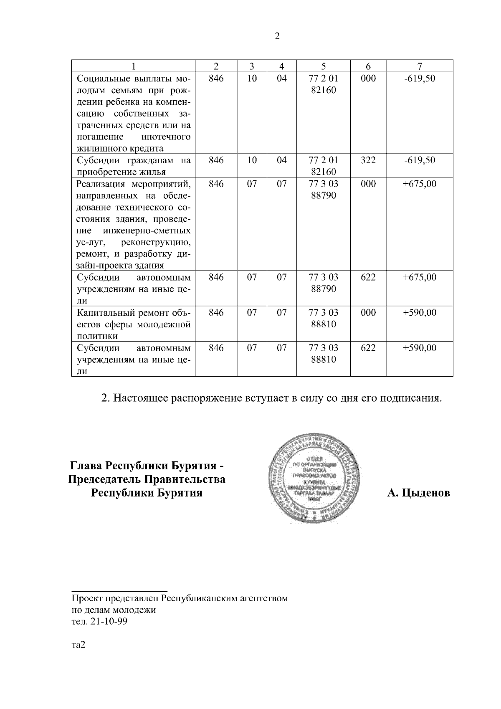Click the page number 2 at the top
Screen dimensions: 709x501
[x=277, y=36]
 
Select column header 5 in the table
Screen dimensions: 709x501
[x=324, y=66]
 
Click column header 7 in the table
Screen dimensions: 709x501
[x=420, y=66]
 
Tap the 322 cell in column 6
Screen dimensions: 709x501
[x=368, y=160]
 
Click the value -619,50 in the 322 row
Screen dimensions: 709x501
[x=420, y=160]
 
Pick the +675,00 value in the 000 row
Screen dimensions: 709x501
[x=420, y=184]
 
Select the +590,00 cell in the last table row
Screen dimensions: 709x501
[x=420, y=348]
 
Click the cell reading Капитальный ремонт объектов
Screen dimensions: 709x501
[x=134, y=324]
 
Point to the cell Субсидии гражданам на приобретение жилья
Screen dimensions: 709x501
[x=134, y=166]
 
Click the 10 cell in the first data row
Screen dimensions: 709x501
[x=252, y=78]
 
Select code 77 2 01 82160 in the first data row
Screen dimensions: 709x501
[x=324, y=84]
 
